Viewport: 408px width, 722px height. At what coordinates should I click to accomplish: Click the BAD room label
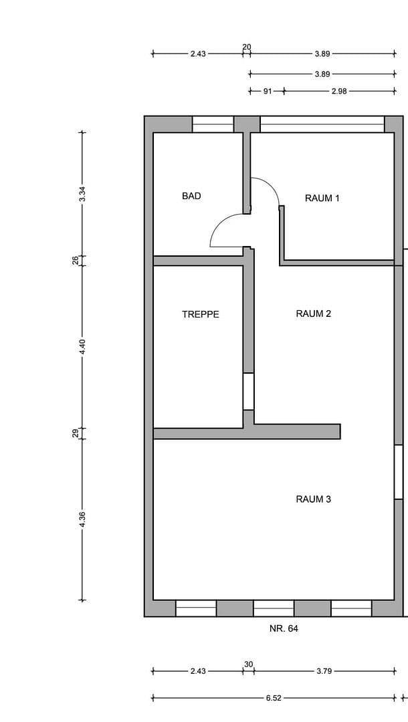coord(191,197)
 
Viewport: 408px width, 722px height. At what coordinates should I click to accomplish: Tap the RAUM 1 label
coord(322,198)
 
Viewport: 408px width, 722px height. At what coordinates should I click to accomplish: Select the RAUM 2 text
coord(314,314)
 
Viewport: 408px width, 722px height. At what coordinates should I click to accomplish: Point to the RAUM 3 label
coord(314,499)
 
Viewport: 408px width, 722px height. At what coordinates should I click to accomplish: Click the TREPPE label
coord(201,314)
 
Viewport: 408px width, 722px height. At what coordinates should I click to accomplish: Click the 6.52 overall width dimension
coord(274,697)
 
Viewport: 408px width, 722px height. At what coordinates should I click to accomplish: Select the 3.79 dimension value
coord(324,671)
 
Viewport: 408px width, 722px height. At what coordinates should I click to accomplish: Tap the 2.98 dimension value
coord(339,92)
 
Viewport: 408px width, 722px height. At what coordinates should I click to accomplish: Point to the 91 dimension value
coord(267,92)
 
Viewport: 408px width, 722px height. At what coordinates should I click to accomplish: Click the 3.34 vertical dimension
coord(82,194)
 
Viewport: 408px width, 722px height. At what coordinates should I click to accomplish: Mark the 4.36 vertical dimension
coord(82,519)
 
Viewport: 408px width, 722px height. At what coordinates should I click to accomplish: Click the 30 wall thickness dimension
coord(249,664)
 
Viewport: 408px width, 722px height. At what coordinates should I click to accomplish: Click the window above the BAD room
coord(213,124)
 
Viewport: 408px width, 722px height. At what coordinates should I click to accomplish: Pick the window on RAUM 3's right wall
coord(398,472)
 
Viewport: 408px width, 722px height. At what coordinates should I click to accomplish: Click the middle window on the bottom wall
coord(274,608)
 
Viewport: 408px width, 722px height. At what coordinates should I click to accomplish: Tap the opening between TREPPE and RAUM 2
coord(248,391)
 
